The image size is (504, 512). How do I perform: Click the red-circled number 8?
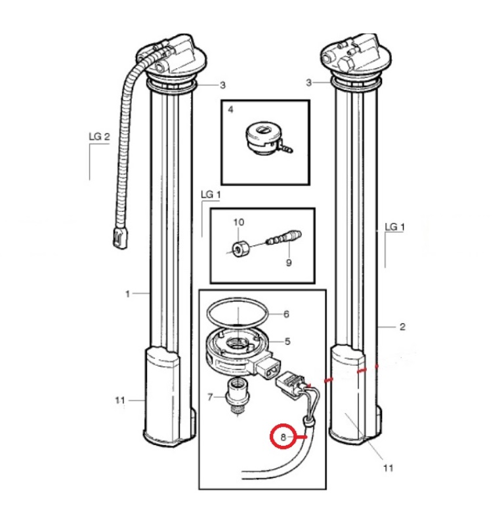pos(283,437)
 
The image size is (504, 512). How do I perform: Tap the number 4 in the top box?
pos(230,109)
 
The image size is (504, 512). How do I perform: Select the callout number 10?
pos(239,222)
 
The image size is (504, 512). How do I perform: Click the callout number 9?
pos(289,262)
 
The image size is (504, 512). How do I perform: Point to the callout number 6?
pos(286,314)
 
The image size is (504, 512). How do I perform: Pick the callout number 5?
pos(287,342)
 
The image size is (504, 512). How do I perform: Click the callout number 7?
pos(211,397)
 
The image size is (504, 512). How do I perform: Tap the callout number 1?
pos(128,294)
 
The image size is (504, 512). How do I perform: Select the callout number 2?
pos(402,326)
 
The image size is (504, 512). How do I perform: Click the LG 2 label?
pos(99,136)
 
